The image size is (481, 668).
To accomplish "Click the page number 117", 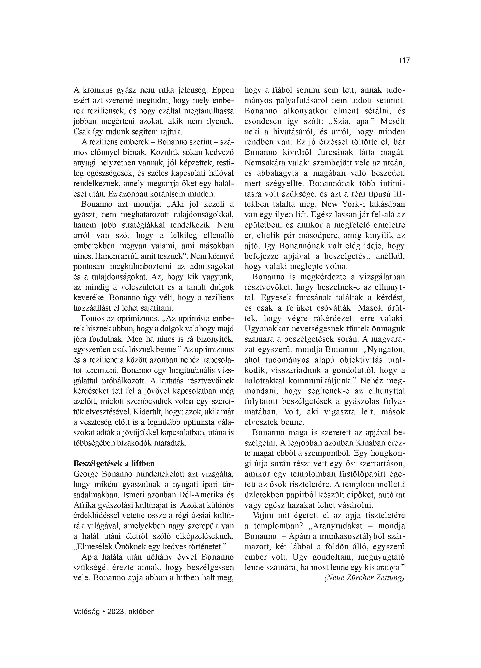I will coord(404,61).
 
